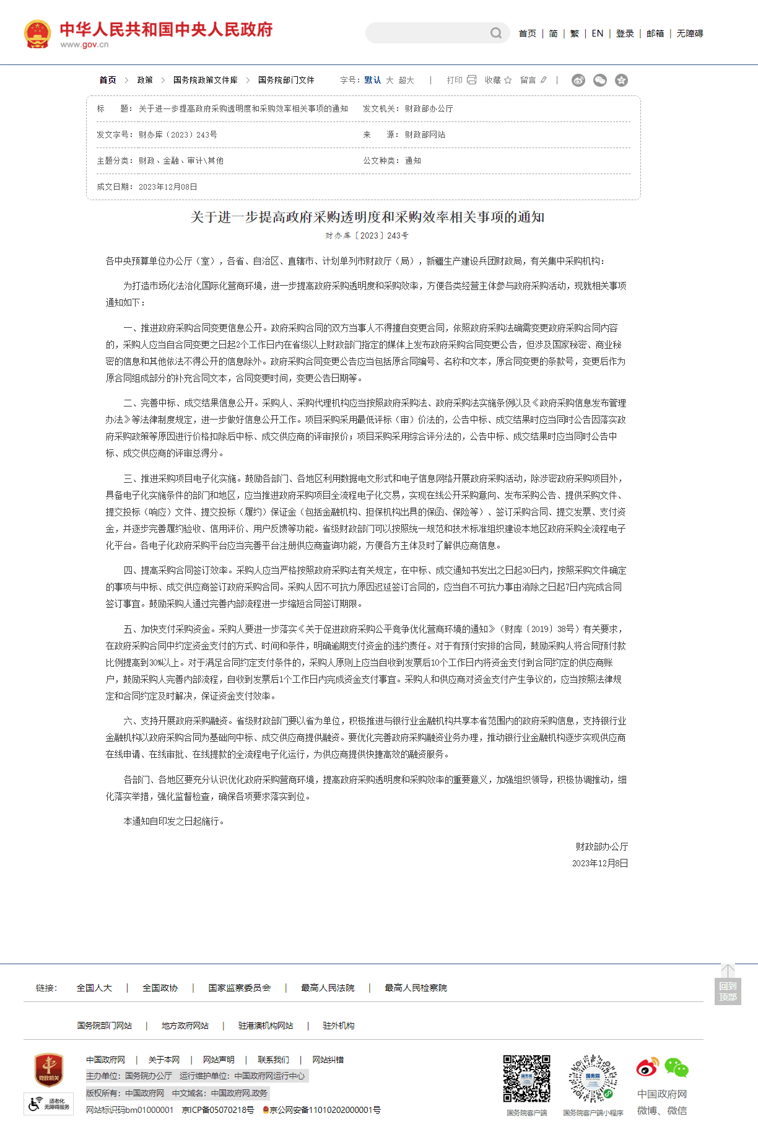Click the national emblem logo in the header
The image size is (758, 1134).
coord(37,34)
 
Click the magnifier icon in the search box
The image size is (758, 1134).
coord(496,33)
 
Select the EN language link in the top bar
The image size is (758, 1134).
coord(597,33)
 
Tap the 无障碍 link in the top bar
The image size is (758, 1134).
coord(689,33)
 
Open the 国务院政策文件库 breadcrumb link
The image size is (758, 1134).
coord(205,80)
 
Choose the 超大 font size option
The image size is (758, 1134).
coord(406,80)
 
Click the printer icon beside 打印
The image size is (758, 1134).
coord(472,80)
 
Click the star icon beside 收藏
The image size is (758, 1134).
coord(508,80)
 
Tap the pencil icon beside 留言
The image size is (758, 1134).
coord(544,80)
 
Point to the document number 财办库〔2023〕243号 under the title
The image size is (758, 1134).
coord(367,235)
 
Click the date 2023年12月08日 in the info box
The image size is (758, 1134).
coord(168,187)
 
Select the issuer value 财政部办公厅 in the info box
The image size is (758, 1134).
coord(429,108)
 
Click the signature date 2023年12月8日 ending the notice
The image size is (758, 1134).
coord(599,863)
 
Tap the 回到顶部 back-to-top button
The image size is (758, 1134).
coord(728,991)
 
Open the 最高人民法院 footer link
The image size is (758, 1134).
coord(328,988)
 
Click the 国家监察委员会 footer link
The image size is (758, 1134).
coord(240,988)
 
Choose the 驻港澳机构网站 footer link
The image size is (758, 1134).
coord(266,1026)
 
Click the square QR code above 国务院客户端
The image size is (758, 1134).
coord(526,1079)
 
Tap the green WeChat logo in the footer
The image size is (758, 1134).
coord(676,1068)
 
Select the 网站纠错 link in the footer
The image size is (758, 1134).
coord(328,1060)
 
